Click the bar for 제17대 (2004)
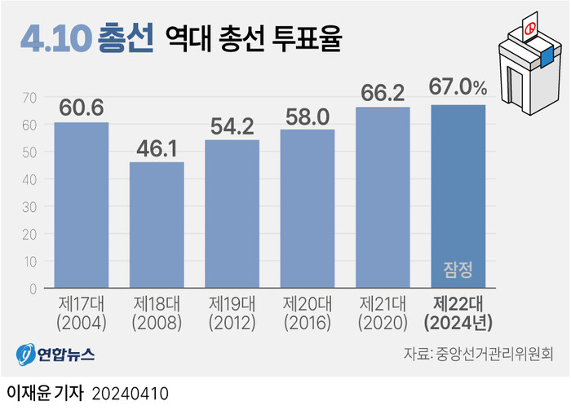82,205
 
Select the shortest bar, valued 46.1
157,225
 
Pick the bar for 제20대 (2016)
308,209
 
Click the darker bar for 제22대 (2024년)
458,187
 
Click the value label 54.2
232,126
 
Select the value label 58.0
308,116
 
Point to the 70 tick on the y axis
30,98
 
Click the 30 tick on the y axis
30,207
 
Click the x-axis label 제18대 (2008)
157,313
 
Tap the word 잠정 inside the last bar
458,270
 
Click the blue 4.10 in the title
54,37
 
